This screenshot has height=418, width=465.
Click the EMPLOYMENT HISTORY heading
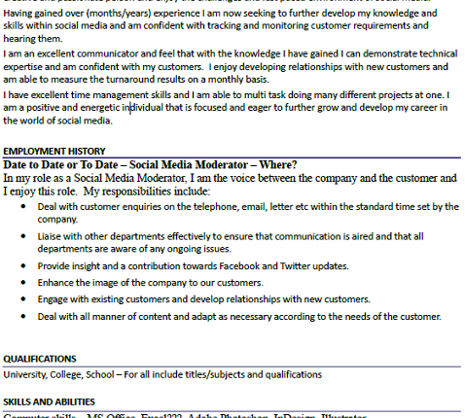tap(54, 152)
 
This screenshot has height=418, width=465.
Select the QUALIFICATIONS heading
tap(40, 358)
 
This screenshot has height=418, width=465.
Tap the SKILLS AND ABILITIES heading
tap(49, 401)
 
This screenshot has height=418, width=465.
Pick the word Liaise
tap(52, 236)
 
